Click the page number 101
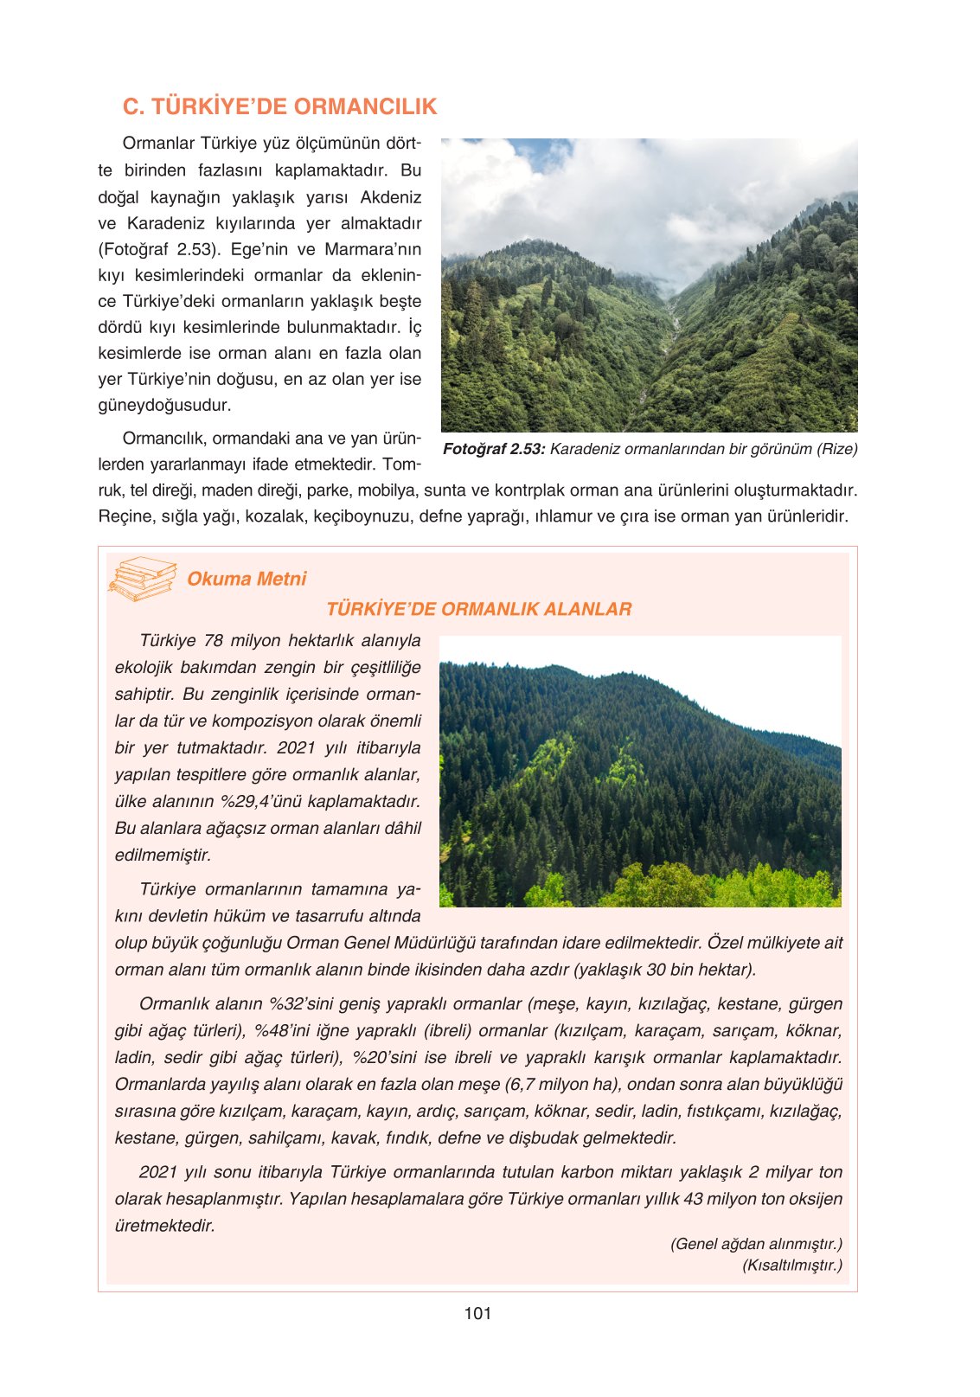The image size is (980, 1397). pyautogui.click(x=477, y=1313)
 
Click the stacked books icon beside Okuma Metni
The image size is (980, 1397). pyautogui.click(x=142, y=579)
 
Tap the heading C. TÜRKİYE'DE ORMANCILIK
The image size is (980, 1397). pyautogui.click(x=279, y=106)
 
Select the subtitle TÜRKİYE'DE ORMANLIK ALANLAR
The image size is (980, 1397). pyautogui.click(x=478, y=609)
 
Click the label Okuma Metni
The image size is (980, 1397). pyautogui.click(x=247, y=579)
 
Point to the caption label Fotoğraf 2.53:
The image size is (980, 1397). pyautogui.click(x=494, y=449)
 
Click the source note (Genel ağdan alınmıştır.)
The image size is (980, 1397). pyautogui.click(x=756, y=1244)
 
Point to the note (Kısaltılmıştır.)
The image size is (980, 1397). pyautogui.click(x=791, y=1265)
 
